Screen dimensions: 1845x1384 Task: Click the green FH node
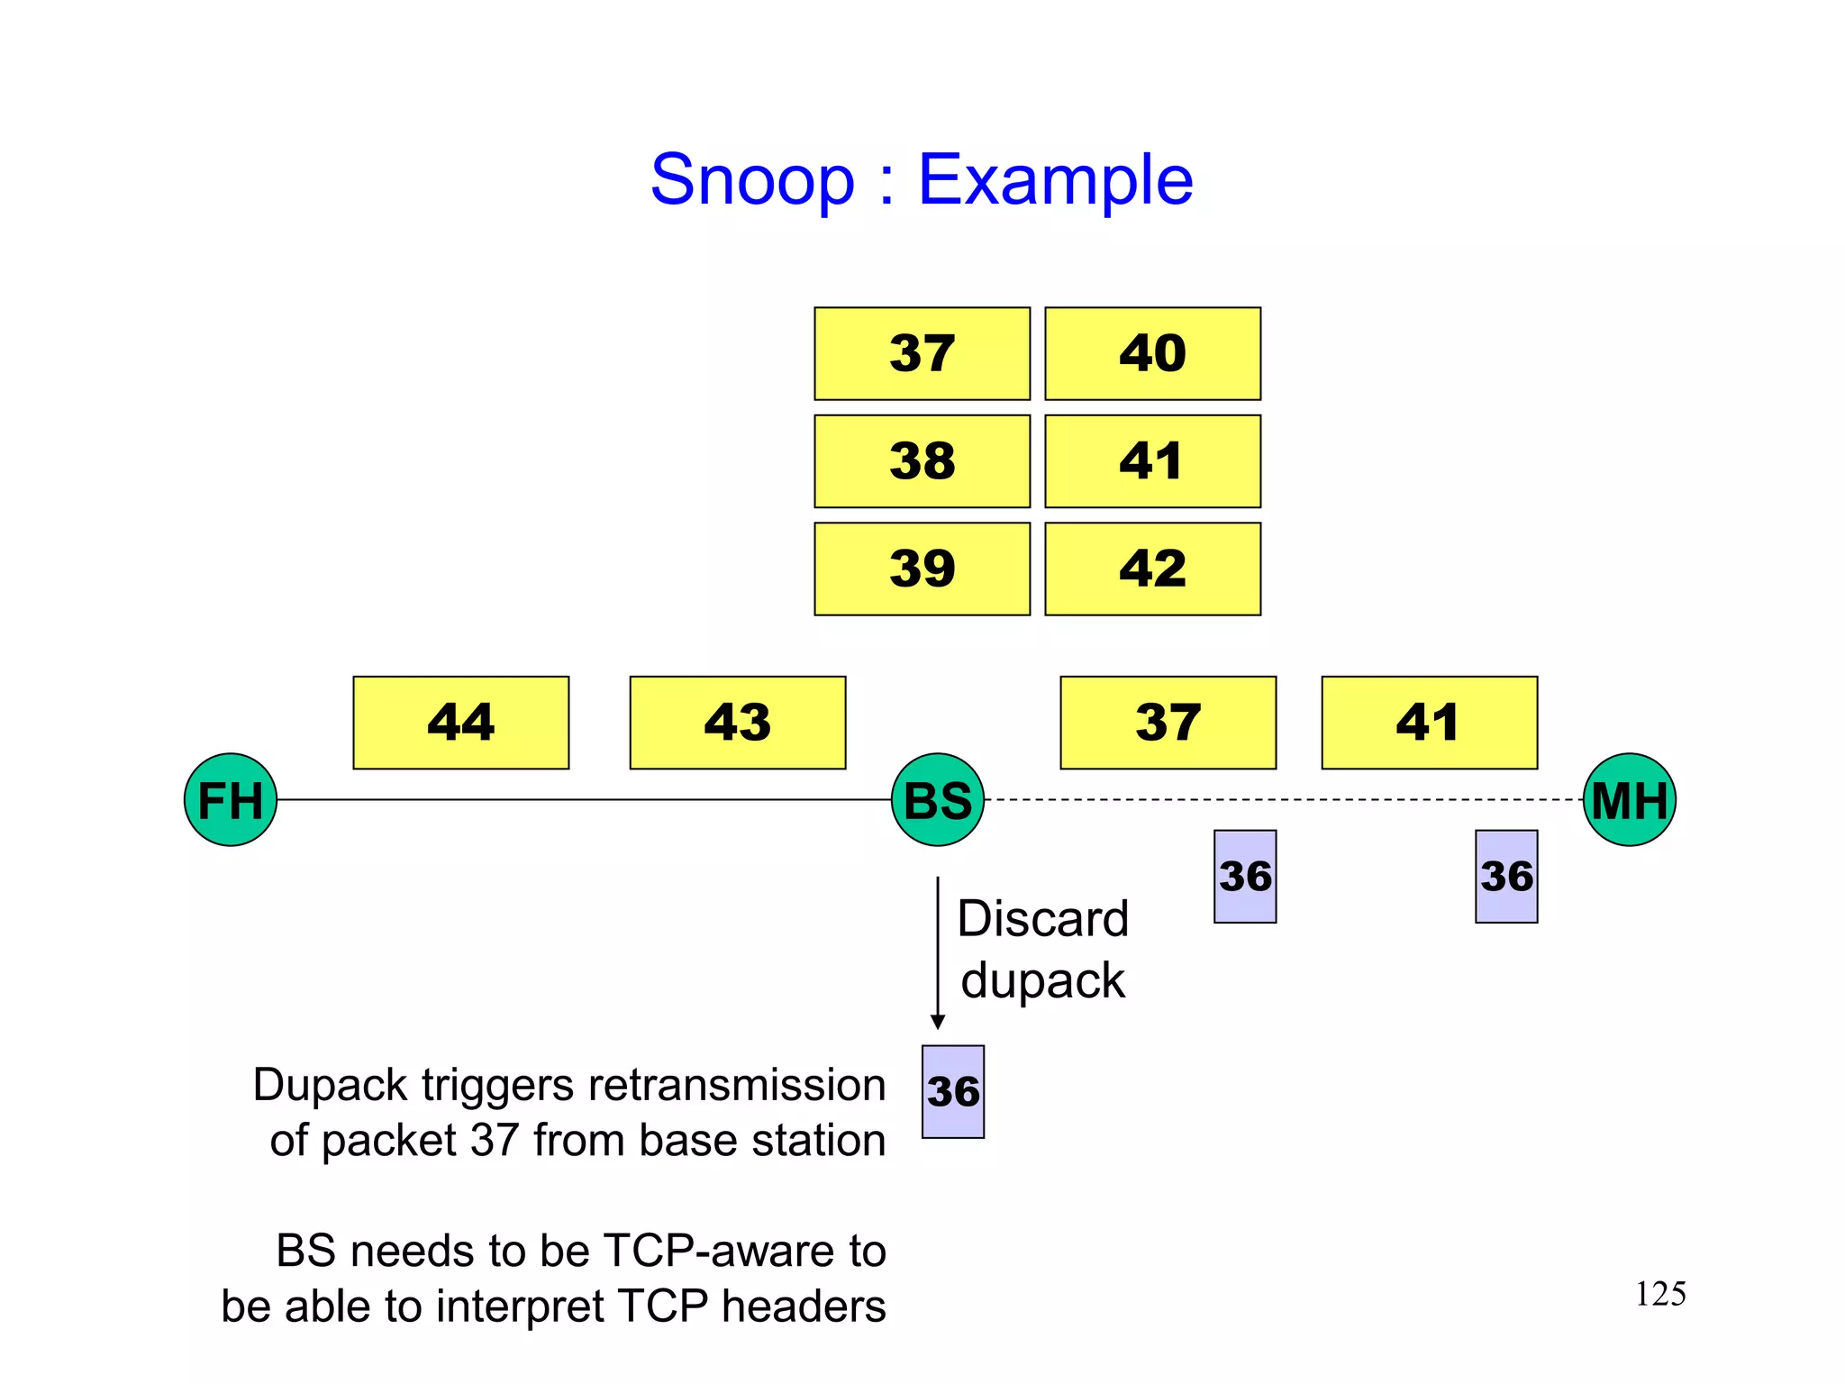point(231,799)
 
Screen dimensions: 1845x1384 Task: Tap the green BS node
point(937,799)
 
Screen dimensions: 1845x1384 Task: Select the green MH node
point(1629,799)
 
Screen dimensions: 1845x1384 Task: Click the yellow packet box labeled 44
point(460,722)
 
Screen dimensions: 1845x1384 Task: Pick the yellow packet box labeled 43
point(737,722)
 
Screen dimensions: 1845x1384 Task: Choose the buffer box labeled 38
point(922,460)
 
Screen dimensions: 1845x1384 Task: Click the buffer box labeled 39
point(922,569)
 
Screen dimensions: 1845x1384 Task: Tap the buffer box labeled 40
point(1152,353)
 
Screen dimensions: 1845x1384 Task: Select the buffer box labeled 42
point(1152,569)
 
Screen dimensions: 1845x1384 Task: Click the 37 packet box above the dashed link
point(1168,722)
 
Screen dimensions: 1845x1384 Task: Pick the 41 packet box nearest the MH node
point(1429,722)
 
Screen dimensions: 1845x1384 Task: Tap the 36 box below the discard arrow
point(953,1091)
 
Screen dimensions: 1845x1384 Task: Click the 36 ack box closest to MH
point(1506,876)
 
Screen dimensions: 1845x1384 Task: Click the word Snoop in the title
point(752,180)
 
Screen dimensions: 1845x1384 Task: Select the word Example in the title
point(1055,180)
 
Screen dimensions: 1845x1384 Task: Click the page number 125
point(1659,1294)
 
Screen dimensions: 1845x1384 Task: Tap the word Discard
point(1042,919)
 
